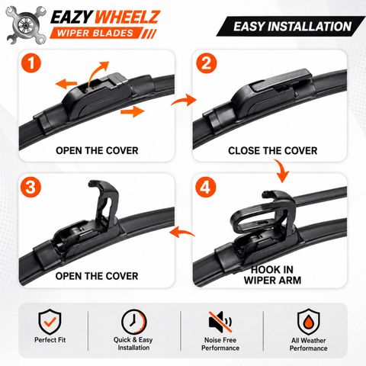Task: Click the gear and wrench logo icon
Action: coord(26,25)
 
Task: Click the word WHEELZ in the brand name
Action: coord(127,18)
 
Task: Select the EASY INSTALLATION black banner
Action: coord(291,26)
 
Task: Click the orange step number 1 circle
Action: coord(31,63)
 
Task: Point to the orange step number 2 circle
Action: coord(206,63)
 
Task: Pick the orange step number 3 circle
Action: coord(30,188)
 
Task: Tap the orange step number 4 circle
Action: coord(206,188)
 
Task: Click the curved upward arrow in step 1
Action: coord(95,72)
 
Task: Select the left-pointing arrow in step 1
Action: coord(66,84)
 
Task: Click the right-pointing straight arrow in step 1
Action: coord(133,112)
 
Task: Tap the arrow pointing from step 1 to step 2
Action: coord(184,100)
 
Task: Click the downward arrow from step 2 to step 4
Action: coord(281,171)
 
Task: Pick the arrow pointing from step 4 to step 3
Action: coord(181,232)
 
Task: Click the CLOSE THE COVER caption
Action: coord(272,151)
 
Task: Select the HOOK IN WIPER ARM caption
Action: coord(272,275)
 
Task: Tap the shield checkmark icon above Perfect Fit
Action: coord(50,322)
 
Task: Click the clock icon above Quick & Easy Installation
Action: coord(134,322)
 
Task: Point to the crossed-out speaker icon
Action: coord(220,322)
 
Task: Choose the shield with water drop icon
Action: coord(309,322)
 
